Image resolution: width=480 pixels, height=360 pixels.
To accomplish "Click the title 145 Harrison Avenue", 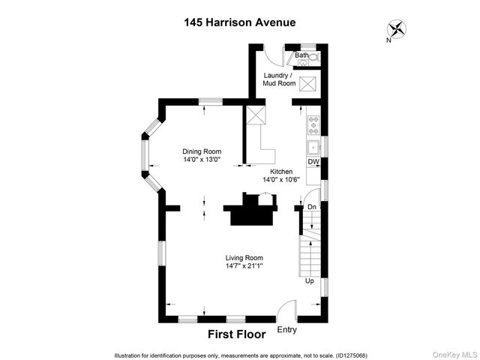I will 240,22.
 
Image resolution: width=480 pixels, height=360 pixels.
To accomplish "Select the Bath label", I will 301,55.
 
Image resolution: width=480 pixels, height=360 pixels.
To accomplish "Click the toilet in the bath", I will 314,56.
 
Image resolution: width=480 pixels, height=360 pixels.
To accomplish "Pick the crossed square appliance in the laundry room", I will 307,84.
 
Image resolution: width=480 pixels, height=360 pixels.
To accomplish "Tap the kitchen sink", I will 315,145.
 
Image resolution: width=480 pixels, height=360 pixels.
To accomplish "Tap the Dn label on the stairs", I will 312,207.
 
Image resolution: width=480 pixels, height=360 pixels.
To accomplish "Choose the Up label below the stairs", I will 309,281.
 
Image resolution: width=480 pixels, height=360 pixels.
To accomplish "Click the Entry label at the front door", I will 286,329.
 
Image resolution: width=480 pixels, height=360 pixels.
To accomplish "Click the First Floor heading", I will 236,334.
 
